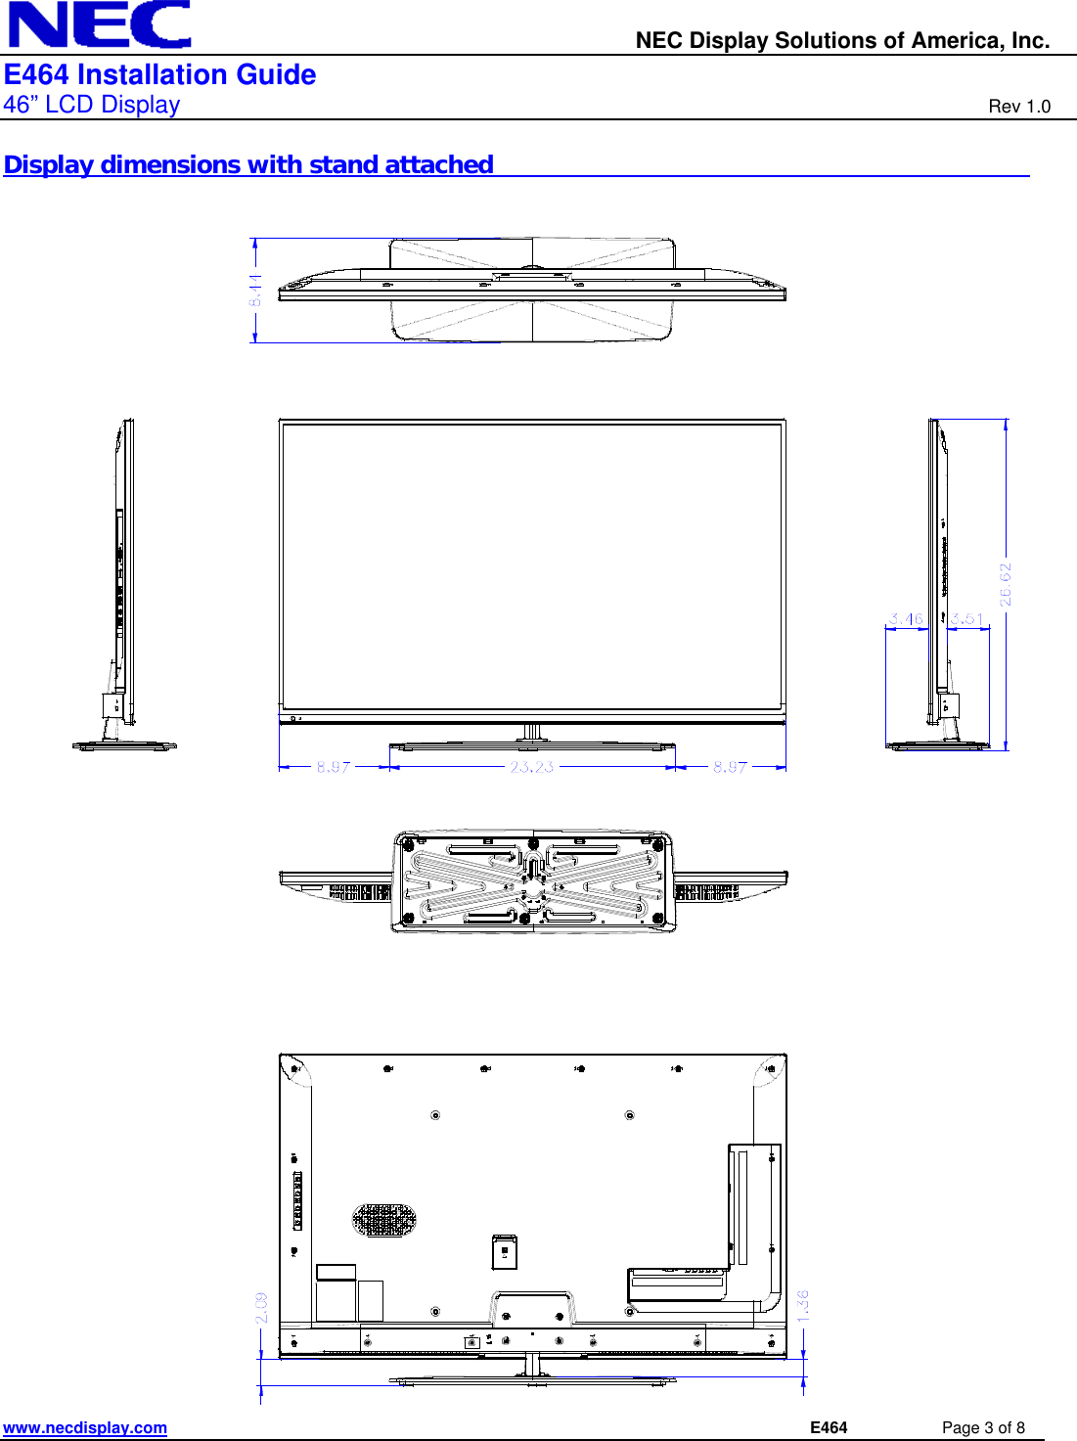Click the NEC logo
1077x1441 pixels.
pos(100,24)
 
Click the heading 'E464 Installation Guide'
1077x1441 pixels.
pos(159,75)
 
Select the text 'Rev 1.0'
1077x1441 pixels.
pos(1018,107)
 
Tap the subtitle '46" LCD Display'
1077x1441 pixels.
pos(92,105)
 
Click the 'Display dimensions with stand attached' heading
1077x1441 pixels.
pos(248,164)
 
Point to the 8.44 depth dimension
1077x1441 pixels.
pos(255,290)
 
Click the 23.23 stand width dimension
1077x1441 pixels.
pos(531,767)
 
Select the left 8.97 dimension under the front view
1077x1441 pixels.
pos(333,767)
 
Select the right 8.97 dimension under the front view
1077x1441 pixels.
pos(730,767)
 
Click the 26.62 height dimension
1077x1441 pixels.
pos(1006,584)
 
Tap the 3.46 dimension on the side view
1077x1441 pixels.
pos(905,619)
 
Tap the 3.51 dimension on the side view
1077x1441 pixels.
pos(966,619)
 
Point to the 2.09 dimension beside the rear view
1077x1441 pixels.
pos(261,1308)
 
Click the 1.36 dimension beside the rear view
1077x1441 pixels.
pos(803,1306)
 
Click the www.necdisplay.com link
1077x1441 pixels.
pos(85,1427)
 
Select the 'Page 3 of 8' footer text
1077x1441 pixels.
pos(982,1427)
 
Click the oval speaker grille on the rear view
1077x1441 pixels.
pos(383,1219)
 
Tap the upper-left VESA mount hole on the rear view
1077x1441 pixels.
pos(435,1115)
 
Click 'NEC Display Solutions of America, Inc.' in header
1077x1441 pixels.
pos(842,40)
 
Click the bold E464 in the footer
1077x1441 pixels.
pos(829,1427)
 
